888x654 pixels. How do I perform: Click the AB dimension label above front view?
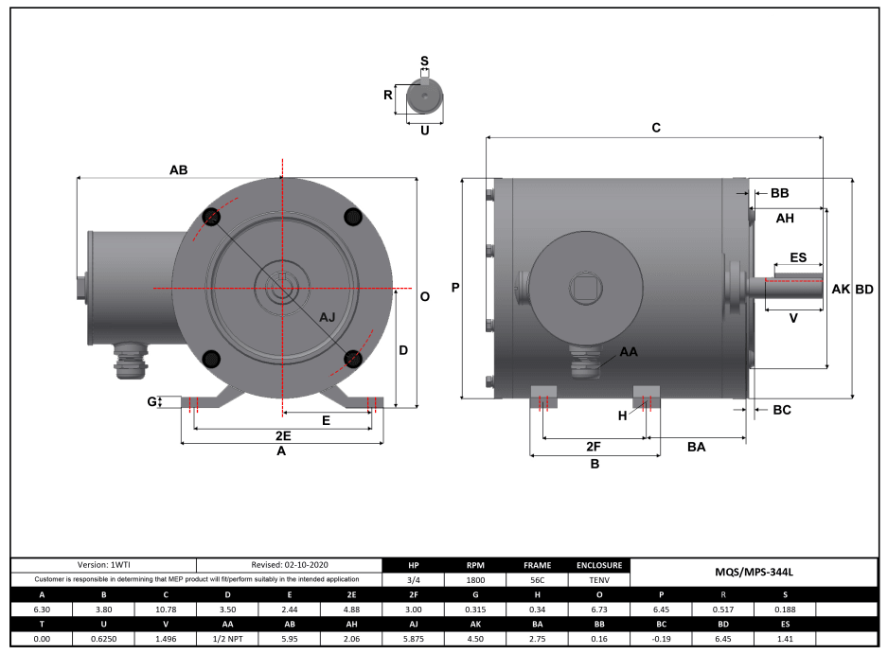coord(178,170)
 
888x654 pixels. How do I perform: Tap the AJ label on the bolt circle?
coord(327,316)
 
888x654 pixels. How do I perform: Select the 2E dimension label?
coord(282,436)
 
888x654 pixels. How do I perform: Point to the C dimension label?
coord(656,128)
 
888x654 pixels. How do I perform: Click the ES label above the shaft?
coord(797,257)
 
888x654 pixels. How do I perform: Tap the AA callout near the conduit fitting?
coord(628,351)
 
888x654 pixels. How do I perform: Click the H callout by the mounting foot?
coord(622,415)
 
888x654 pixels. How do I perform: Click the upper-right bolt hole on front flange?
coord(352,218)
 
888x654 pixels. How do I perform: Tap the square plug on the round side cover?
coord(582,287)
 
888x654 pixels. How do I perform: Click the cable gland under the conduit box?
coord(127,361)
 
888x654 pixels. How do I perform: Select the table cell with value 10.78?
coord(166,610)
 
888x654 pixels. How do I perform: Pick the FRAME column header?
coord(537,565)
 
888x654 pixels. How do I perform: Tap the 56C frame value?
coord(537,580)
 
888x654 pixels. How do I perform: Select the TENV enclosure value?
coord(597,580)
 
